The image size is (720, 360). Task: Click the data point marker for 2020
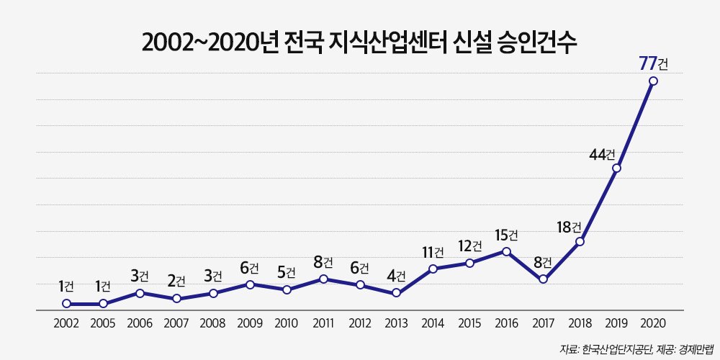point(653,81)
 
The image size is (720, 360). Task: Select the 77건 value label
point(654,64)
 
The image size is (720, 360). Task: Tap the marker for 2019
point(617,168)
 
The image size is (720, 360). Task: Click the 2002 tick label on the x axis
point(66,323)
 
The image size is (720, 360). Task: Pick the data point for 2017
point(543,279)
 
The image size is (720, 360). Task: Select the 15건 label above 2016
point(506,235)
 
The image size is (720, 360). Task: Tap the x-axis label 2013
point(396,323)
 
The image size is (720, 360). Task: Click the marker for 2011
point(323,279)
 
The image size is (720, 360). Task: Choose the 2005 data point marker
point(103,303)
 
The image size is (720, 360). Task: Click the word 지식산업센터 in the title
point(386,42)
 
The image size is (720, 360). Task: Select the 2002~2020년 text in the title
point(204,42)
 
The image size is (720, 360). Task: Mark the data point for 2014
point(433,269)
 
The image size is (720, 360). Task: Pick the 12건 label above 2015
point(470,246)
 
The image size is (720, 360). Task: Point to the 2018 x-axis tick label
point(580,323)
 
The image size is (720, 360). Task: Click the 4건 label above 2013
point(396,276)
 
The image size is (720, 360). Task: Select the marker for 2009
point(250,284)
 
